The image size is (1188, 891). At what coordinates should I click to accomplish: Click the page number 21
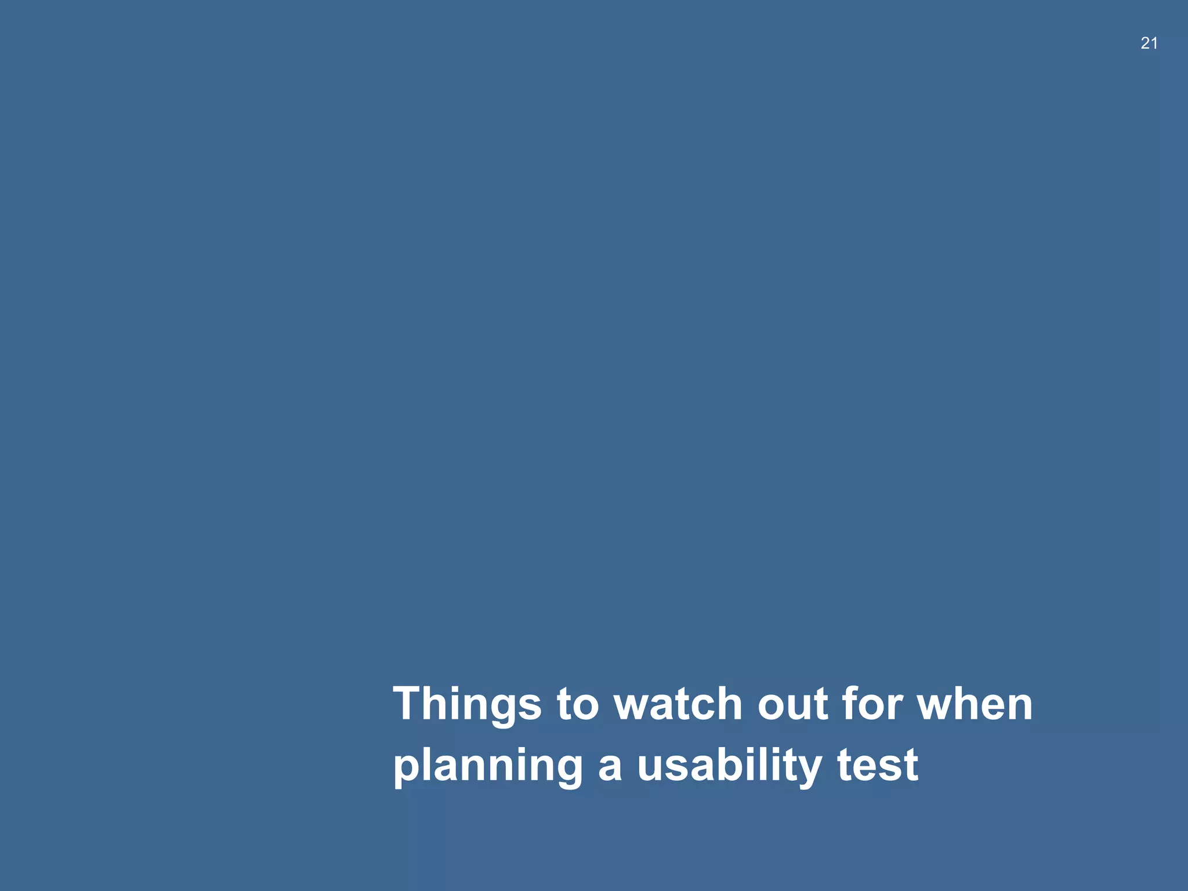1149,43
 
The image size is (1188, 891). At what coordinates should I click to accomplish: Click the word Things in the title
467,705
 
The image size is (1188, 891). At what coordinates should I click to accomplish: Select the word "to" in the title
577,705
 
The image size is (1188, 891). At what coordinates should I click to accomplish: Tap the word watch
678,704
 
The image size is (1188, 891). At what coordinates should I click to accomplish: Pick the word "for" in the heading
872,704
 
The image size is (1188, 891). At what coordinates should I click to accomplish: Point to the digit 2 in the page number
1144,43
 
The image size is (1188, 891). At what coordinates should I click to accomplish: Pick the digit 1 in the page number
1154,43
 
